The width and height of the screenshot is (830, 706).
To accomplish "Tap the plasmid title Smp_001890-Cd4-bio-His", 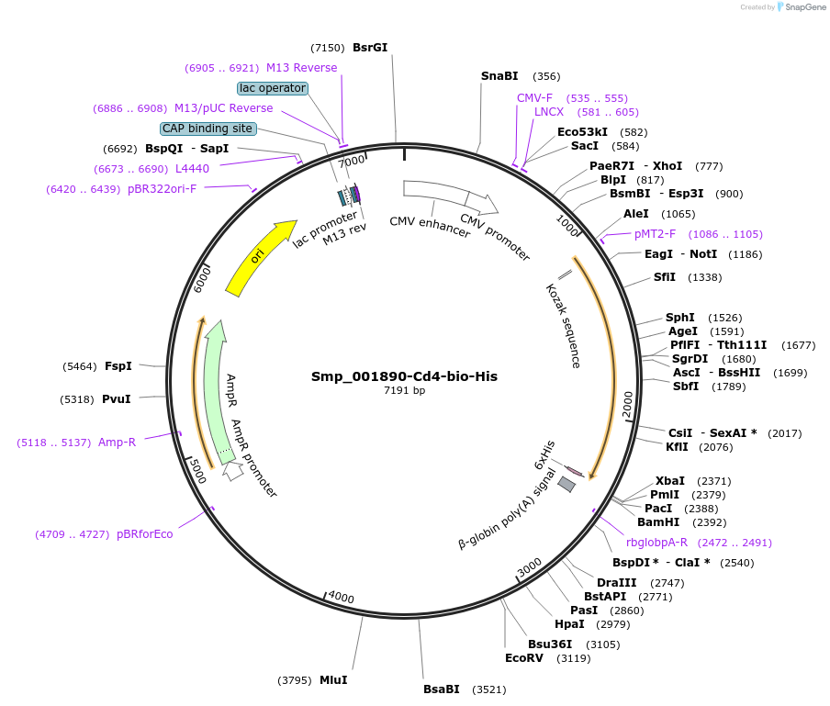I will tap(404, 376).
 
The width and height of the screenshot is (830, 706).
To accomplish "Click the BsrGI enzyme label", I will tap(370, 48).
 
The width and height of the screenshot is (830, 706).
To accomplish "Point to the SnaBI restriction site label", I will tap(499, 76).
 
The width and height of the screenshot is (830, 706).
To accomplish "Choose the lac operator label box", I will tap(273, 88).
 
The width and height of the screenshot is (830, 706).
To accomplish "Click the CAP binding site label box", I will tap(208, 129).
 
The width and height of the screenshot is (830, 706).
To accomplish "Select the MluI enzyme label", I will tap(333, 680).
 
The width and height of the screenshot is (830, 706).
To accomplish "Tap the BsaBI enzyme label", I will tap(441, 689).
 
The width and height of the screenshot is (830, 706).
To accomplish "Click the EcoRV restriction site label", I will tap(524, 658).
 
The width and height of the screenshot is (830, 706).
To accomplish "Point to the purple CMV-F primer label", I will tap(534, 98).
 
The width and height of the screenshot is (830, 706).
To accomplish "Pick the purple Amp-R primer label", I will tap(117, 443).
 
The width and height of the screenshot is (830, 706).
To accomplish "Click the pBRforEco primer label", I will tap(145, 534).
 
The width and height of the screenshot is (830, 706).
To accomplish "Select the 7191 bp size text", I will tap(404, 391).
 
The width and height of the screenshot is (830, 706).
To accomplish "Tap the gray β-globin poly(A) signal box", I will tap(566, 484).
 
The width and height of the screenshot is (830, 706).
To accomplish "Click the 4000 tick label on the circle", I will tap(341, 598).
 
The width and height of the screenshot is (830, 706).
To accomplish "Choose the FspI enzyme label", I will tap(118, 366).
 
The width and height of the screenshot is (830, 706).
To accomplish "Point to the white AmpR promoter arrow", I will tap(233, 471).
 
